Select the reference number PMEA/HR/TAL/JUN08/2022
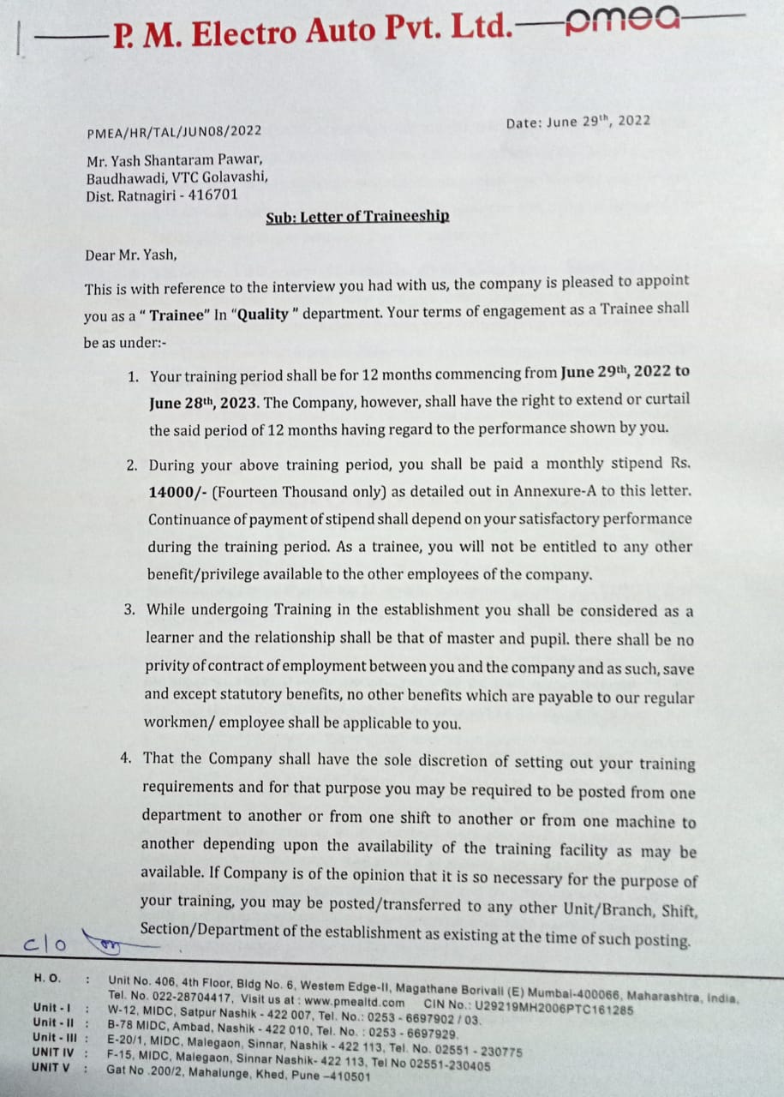point(174,132)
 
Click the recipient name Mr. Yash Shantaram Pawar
point(174,160)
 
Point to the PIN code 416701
point(215,195)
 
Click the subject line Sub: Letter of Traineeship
point(356,217)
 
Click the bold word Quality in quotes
point(263,315)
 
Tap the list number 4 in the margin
point(126,758)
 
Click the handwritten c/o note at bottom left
point(45,944)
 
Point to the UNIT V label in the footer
point(51,1067)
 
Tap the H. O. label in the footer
point(47,977)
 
